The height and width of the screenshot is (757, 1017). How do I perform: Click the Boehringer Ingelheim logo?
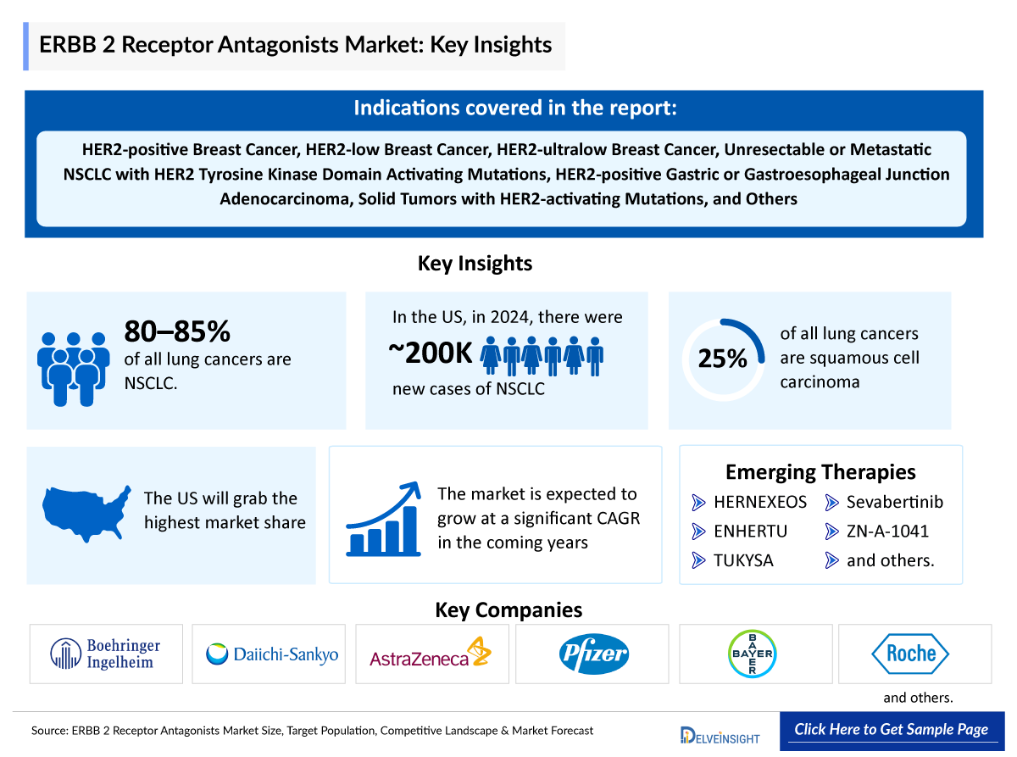coord(106,654)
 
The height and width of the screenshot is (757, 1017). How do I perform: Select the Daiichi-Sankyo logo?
coord(272,654)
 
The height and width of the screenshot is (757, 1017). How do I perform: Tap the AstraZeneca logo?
coord(431,654)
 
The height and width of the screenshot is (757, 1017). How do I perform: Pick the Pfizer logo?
coord(593,654)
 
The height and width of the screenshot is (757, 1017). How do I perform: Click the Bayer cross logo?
coord(753,654)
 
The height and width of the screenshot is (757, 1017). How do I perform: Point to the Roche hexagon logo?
coord(910,654)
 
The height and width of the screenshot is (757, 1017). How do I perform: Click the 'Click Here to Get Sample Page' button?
coord(891,730)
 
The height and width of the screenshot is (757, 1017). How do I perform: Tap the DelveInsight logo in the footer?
coord(720,734)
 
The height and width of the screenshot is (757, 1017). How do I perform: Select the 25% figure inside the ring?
coord(722,359)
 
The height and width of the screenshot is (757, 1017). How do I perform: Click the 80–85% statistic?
coord(177,331)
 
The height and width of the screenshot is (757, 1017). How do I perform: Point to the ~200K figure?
coord(430,355)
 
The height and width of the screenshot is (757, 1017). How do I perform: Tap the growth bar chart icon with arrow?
coord(384,519)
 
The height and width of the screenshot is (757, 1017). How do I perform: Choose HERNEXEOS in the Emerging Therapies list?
coord(759,502)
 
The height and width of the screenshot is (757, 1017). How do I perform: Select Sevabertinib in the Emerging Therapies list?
coord(894,502)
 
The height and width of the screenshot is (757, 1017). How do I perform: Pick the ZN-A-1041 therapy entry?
coord(887,532)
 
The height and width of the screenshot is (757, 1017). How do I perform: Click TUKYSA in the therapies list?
coord(743,560)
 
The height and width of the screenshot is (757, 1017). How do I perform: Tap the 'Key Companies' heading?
coord(508,609)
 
